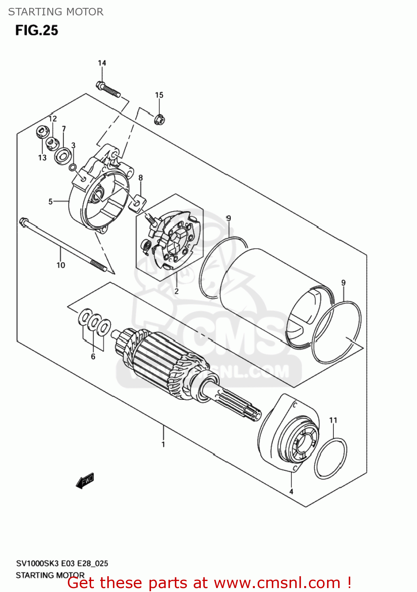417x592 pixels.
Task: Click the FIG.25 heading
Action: [x=37, y=30]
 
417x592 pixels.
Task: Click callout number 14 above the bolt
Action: [x=102, y=63]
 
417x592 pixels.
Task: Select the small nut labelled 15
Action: [x=159, y=119]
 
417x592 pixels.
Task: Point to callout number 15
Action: [x=159, y=95]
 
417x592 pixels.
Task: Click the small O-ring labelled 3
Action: [x=73, y=168]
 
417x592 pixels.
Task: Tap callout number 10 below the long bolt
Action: [x=61, y=265]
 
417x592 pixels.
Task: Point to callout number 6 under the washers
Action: [x=93, y=357]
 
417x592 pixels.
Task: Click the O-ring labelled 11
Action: [x=331, y=458]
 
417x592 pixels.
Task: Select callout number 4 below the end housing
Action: [x=291, y=492]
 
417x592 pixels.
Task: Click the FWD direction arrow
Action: [x=85, y=480]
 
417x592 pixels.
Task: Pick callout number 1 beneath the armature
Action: [x=163, y=444]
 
